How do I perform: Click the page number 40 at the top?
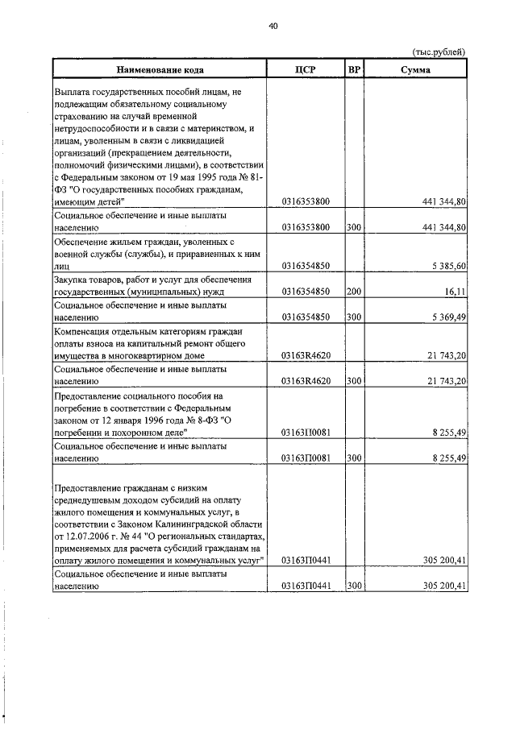(x=273, y=26)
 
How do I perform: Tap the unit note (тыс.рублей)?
(x=439, y=52)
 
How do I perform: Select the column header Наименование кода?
(x=158, y=69)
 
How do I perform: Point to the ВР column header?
(x=353, y=69)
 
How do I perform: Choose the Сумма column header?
(x=415, y=69)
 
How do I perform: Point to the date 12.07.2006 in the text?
(x=78, y=535)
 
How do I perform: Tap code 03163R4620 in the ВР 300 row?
(x=306, y=381)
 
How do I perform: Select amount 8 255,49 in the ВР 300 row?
(x=449, y=458)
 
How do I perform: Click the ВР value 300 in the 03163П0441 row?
(x=353, y=586)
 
